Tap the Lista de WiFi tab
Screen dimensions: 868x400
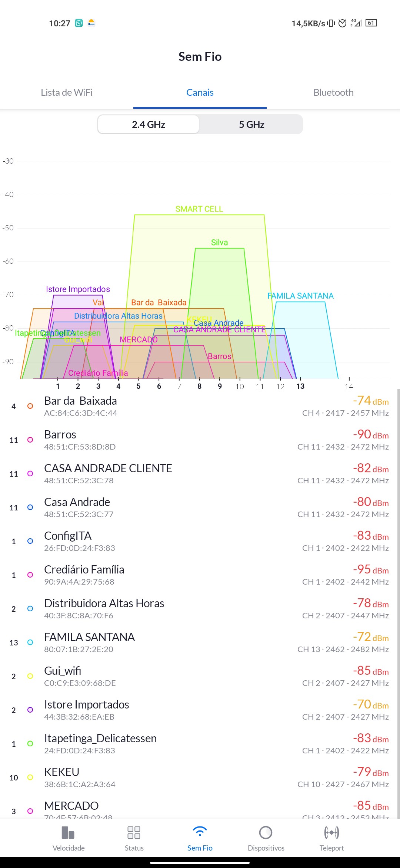(67, 92)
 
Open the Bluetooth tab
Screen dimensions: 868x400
(333, 92)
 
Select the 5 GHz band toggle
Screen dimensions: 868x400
(251, 125)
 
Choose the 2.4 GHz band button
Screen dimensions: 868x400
(149, 125)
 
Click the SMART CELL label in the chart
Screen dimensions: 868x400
(199, 209)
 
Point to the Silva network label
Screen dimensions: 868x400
(219, 243)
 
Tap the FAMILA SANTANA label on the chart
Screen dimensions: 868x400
(300, 296)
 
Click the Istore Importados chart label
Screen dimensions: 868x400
(78, 289)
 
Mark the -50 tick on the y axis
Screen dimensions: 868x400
(8, 228)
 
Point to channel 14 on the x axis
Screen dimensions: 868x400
(349, 387)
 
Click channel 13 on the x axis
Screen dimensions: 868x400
(300, 386)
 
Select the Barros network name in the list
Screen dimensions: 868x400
(60, 435)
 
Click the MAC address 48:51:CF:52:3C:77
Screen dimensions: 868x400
(79, 514)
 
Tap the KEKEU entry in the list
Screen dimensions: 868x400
(61, 772)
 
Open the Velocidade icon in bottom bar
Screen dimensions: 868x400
(69, 833)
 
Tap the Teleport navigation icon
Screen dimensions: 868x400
(331, 833)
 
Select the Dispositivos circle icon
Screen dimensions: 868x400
(266, 833)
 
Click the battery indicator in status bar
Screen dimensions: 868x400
(371, 23)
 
